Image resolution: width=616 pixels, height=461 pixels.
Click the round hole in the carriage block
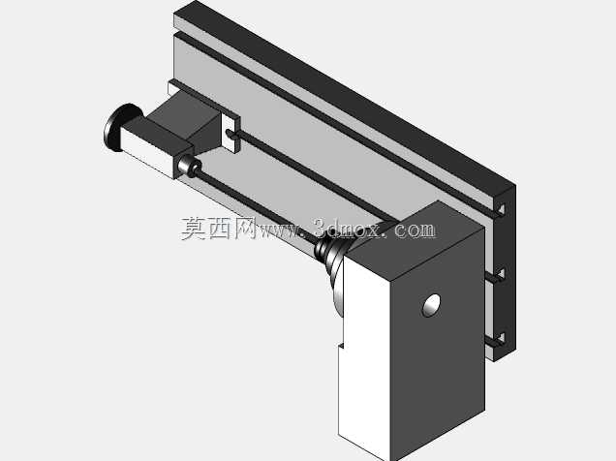[x=431, y=305]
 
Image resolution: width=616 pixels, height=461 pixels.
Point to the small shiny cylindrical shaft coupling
[x=190, y=167]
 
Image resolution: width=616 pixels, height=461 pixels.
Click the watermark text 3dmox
[x=347, y=229]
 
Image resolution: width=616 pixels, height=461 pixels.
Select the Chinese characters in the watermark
[x=219, y=229]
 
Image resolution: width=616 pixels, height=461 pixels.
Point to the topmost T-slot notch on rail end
[x=501, y=209]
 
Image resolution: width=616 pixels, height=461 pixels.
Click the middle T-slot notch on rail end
[x=501, y=274]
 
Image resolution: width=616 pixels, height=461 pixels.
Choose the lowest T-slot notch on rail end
[x=501, y=338]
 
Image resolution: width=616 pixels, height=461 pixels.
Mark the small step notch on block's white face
[x=341, y=346]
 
